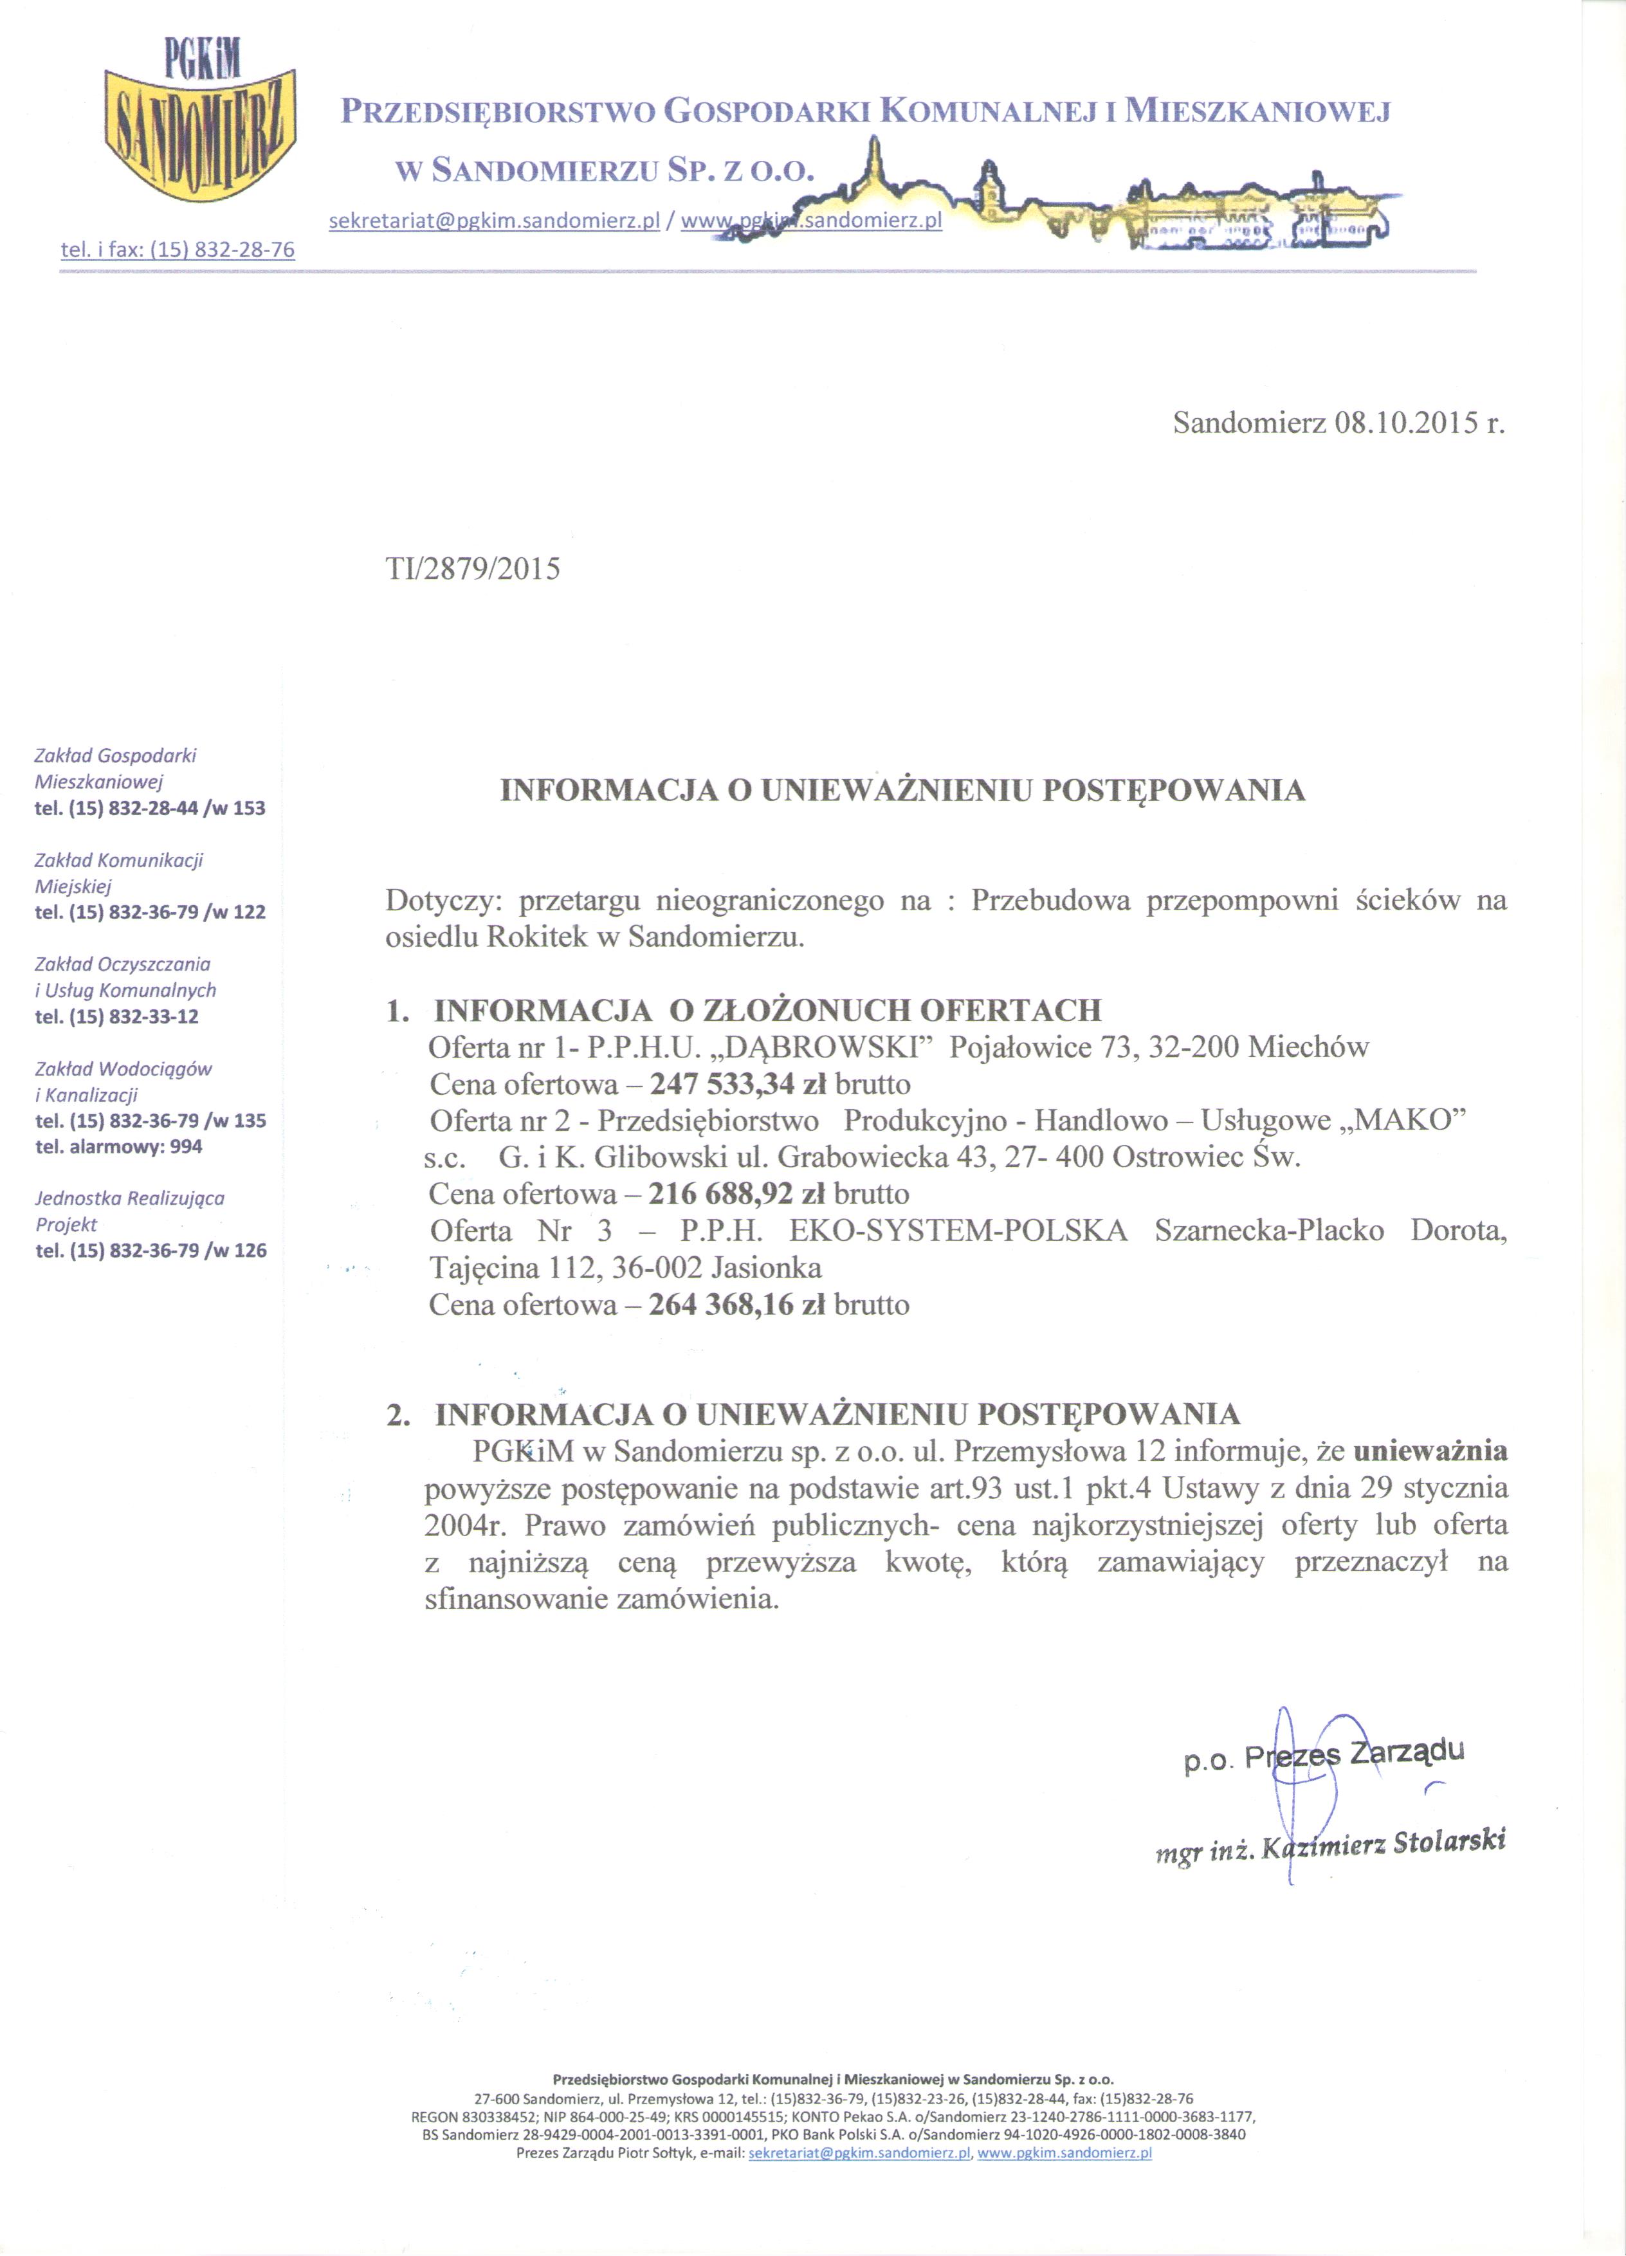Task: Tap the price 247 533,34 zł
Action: [737, 1083]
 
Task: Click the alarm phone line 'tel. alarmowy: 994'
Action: [118, 1147]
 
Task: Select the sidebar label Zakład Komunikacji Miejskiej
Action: [118, 872]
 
